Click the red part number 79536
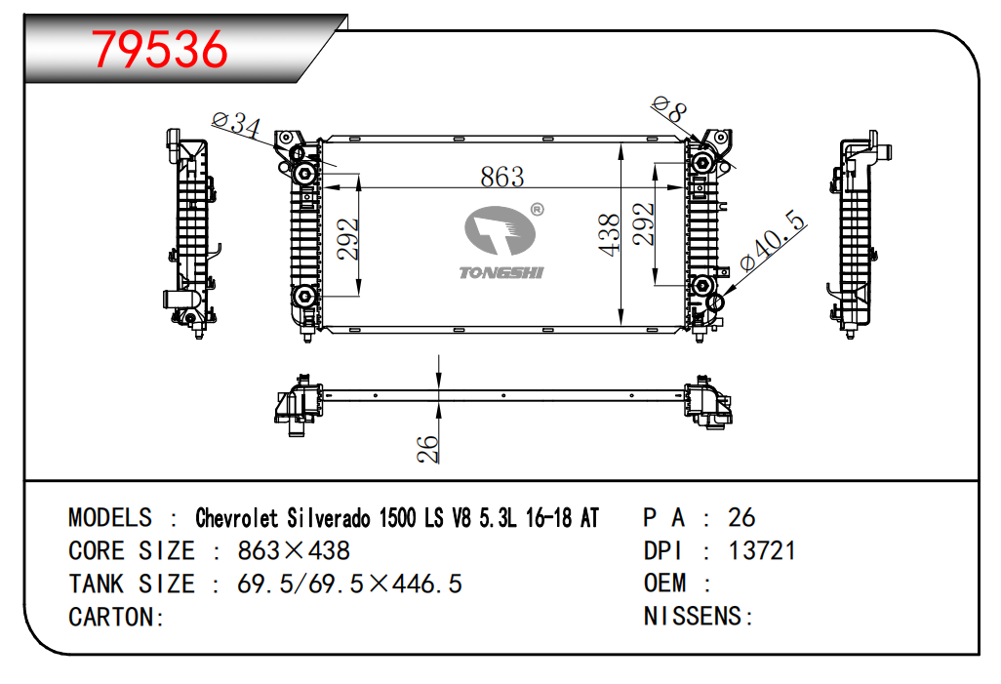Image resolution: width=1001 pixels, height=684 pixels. pos(160,49)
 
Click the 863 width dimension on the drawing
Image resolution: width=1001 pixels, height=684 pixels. pos(502,177)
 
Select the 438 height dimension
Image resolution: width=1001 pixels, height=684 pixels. pos(610,234)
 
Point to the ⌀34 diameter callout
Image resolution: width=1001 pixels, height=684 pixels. pos(237,124)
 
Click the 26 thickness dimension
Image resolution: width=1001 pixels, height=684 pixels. pos(427,449)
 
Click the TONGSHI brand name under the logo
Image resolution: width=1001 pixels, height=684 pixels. pos(501,272)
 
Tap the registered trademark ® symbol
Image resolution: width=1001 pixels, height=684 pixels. pos(538,209)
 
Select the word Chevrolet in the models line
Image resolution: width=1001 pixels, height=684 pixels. pos(237,518)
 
